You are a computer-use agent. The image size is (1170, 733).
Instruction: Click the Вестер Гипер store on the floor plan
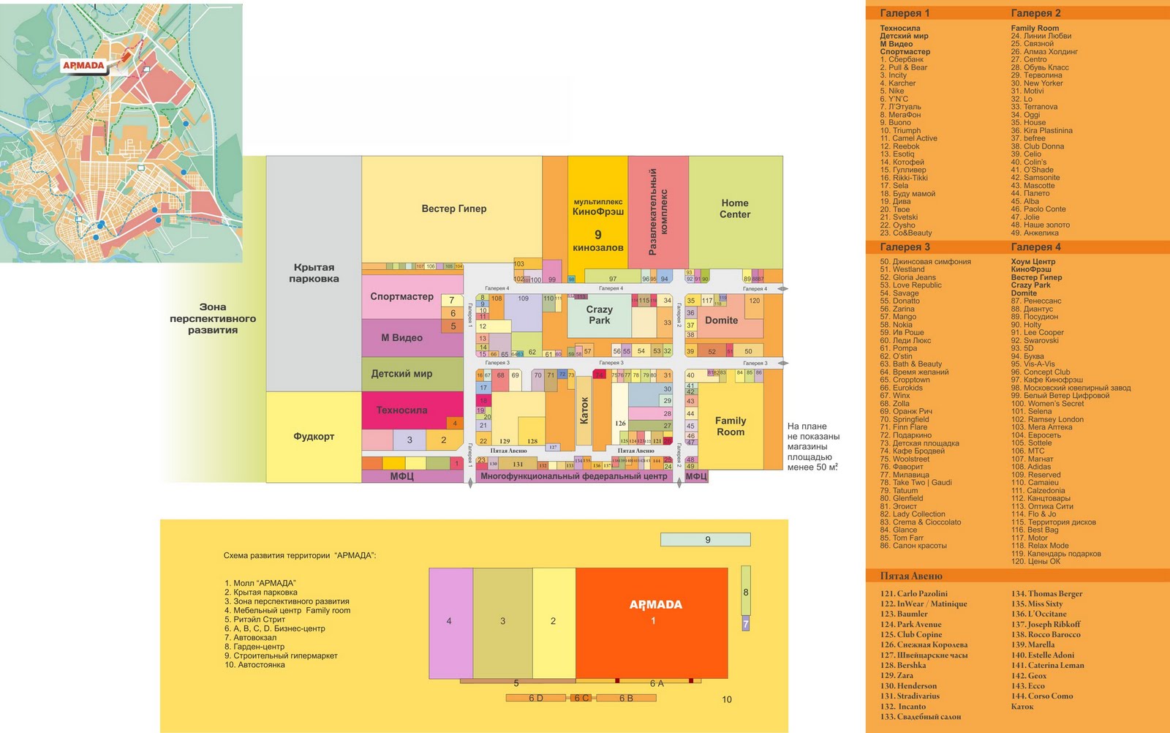pos(453,208)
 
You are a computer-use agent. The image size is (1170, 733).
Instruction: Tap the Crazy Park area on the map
pos(599,315)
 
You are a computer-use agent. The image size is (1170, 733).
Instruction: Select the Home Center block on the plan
pos(735,208)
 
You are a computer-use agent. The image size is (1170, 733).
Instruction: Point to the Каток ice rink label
pos(584,410)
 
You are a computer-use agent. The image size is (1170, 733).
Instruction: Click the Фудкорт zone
pos(314,437)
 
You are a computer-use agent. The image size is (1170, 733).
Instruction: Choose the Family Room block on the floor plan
pos(731,426)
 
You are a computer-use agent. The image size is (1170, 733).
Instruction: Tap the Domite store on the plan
pos(721,320)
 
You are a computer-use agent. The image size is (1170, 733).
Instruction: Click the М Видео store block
pos(402,338)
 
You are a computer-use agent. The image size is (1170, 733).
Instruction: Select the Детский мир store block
pos(401,374)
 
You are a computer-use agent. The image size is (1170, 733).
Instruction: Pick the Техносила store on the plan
pos(401,410)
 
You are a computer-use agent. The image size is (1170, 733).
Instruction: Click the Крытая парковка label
pos(314,273)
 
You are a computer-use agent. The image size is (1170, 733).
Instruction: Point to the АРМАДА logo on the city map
pos(83,66)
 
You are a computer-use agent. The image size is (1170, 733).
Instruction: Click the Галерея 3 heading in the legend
pos(905,247)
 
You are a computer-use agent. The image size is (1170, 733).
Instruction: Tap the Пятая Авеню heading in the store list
pos(910,576)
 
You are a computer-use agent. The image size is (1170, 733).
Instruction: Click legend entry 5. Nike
pos(892,91)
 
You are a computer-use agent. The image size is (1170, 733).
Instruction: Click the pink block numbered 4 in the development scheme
pos(450,622)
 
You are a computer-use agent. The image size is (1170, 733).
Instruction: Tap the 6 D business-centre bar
pos(536,698)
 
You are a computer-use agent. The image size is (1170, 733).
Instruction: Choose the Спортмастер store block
pos(401,296)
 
